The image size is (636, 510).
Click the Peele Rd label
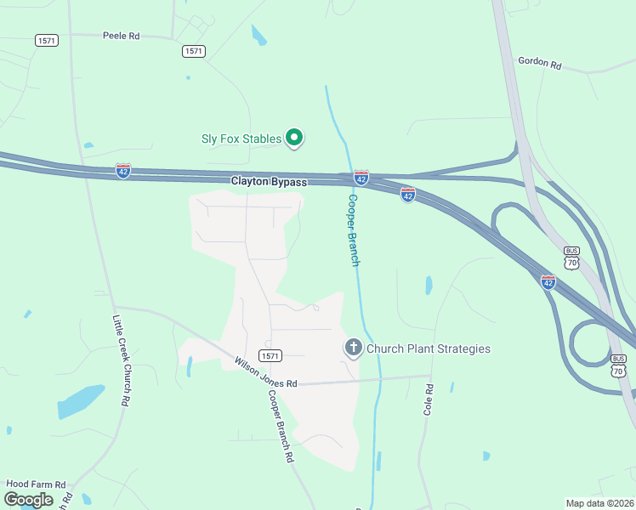pyautogui.click(x=121, y=37)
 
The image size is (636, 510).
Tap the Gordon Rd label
pyautogui.click(x=540, y=64)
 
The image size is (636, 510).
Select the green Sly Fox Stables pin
pyautogui.click(x=294, y=138)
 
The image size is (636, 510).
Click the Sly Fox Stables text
pyautogui.click(x=241, y=139)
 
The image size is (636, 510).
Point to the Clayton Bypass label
pyautogui.click(x=269, y=182)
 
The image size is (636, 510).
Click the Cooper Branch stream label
pyautogui.click(x=354, y=229)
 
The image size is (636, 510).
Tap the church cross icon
pyautogui.click(x=353, y=348)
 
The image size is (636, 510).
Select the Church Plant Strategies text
pyautogui.click(x=429, y=348)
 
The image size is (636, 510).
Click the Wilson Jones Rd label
pyautogui.click(x=266, y=372)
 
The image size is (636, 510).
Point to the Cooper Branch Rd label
pyautogui.click(x=281, y=426)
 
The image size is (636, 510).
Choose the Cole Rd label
pyautogui.click(x=429, y=399)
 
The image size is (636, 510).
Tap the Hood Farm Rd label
pyautogui.click(x=36, y=484)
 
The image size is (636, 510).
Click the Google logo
pyautogui.click(x=28, y=500)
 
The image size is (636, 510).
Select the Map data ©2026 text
pyautogui.click(x=599, y=502)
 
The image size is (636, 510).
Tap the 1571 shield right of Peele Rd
pyautogui.click(x=193, y=51)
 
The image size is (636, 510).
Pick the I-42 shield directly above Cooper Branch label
pyautogui.click(x=361, y=178)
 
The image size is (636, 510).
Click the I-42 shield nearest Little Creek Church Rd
pyautogui.click(x=124, y=170)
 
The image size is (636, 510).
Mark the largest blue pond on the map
pyautogui.click(x=82, y=398)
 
